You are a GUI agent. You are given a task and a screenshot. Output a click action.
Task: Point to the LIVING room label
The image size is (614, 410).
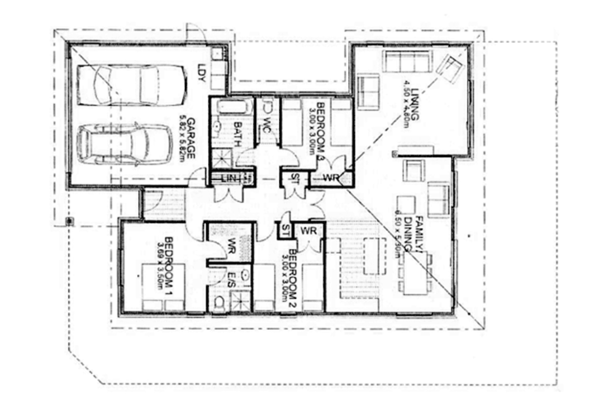[416, 104]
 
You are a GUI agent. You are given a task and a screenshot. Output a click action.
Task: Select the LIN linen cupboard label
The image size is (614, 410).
[229, 178]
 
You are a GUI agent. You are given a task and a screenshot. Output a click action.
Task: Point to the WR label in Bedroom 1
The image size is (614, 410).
[231, 246]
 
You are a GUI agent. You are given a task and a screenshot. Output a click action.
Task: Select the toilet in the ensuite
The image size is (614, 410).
[219, 303]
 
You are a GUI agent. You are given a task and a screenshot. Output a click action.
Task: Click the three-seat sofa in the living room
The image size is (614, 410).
[407, 62]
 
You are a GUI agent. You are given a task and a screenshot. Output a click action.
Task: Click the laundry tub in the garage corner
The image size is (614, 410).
[218, 54]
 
